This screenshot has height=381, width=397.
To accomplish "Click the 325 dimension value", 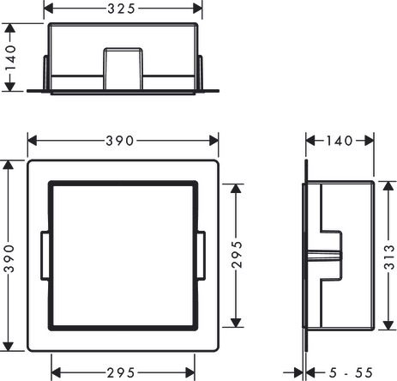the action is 121,9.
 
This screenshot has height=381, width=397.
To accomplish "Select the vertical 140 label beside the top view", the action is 10,57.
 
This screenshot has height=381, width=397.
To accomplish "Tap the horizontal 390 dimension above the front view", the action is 119,141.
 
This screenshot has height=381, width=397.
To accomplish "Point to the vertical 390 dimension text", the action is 9,258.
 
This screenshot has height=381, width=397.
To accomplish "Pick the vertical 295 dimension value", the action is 237,254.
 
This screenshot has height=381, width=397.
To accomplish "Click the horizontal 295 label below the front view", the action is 121,372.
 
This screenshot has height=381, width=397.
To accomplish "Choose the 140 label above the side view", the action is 340,141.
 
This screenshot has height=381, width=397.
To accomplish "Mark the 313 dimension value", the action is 389,257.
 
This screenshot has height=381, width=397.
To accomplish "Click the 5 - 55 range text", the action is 351,372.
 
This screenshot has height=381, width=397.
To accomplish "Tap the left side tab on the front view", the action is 45,256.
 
